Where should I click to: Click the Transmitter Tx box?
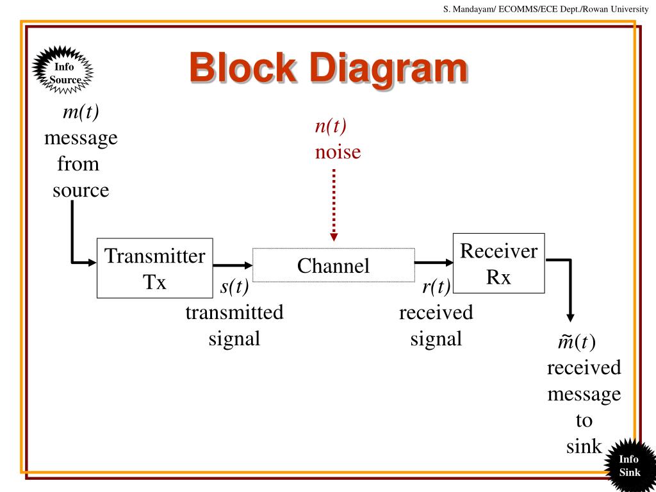(155, 268)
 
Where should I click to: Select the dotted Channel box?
(333, 265)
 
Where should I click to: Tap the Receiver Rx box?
(498, 263)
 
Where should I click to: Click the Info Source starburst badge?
(63, 70)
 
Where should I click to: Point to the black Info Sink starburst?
(630, 465)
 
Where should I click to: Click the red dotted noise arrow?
(333, 205)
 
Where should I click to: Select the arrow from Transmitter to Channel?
(233, 265)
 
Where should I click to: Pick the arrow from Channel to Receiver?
(434, 263)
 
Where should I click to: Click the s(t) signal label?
(234, 286)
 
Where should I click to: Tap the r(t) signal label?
(436, 286)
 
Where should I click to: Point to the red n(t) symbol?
(331, 126)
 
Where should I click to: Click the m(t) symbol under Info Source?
(81, 111)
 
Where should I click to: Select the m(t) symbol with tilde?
(577, 342)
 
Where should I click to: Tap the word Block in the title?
(243, 67)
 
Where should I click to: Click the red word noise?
(338, 152)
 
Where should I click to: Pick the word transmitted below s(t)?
(234, 312)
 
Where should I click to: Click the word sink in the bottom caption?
(584, 446)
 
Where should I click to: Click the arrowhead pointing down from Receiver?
(570, 317)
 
